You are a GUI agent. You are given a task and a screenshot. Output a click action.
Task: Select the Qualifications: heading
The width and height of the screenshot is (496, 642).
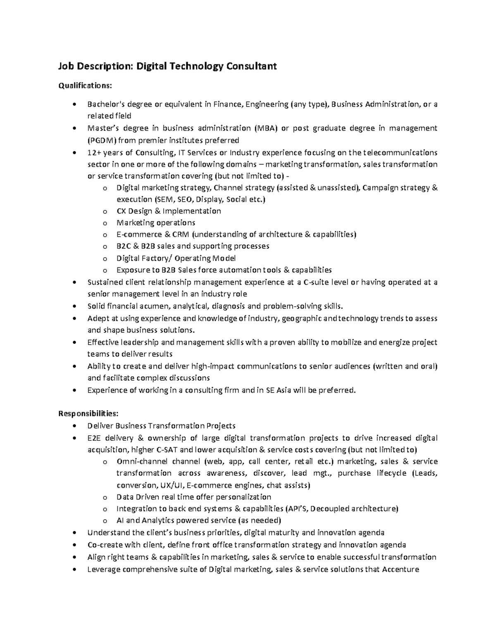(85, 86)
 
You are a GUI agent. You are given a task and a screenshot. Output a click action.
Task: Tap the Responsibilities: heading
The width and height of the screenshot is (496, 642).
(88, 413)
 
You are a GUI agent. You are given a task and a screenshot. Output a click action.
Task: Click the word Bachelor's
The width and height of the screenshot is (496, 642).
(106, 104)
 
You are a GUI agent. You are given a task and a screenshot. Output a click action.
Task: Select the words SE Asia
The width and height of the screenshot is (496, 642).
(277, 390)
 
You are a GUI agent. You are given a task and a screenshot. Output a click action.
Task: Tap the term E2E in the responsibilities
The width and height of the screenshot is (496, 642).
(95, 438)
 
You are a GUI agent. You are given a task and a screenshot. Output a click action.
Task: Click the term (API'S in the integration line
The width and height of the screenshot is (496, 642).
(296, 508)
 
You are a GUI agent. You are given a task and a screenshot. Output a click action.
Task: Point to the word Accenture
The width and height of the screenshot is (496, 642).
(401, 569)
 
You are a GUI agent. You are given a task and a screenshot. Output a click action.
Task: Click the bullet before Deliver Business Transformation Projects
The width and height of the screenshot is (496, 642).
(74, 426)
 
